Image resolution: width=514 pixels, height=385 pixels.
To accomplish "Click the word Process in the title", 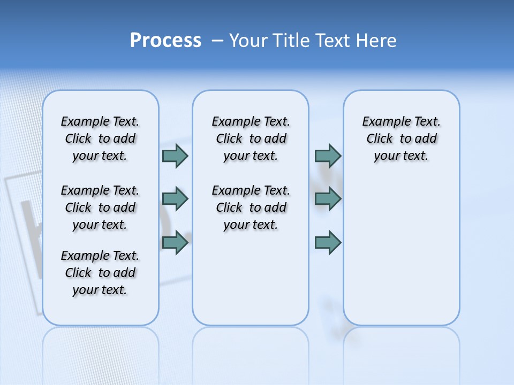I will click(165, 40).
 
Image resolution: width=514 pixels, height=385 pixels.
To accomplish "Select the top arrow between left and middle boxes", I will click(175, 156).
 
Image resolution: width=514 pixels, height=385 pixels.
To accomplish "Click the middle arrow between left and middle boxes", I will click(175, 199).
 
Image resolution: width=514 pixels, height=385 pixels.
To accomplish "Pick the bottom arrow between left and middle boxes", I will click(175, 243).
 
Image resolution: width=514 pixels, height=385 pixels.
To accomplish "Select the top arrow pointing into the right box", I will click(328, 156).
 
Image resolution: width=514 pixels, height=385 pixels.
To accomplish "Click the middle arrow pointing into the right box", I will click(328, 199).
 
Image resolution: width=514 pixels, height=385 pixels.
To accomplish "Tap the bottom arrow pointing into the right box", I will click(328, 243).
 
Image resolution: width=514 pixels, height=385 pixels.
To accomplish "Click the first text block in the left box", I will click(100, 138).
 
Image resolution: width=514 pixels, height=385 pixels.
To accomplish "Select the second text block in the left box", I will click(100, 207).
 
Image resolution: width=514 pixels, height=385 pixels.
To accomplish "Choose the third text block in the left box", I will click(100, 273).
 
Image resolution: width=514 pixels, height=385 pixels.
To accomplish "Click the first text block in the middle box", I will click(251, 138).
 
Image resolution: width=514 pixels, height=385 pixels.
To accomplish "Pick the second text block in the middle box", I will click(251, 207).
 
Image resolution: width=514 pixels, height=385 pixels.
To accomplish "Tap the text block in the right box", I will click(401, 138).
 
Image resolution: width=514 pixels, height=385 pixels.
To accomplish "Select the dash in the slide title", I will click(217, 41).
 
